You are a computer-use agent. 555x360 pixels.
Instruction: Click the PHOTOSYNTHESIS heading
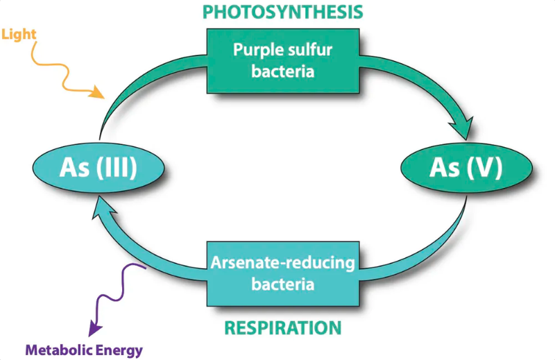coord(282,12)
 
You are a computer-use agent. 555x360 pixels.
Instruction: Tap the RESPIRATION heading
coord(283,328)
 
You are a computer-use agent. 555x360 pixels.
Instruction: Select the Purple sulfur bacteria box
coord(283,61)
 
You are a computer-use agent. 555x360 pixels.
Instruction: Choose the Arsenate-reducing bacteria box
coord(283,273)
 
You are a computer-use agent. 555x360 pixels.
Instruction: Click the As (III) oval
coord(99,167)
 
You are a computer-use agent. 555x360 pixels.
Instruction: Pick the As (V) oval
coord(466,167)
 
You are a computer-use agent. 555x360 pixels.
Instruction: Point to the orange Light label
coord(19,35)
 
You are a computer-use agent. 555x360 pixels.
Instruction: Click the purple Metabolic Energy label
coord(84,350)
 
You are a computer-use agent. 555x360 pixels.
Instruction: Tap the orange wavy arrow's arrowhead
coord(97,92)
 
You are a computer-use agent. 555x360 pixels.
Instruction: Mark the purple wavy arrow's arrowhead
coord(94,329)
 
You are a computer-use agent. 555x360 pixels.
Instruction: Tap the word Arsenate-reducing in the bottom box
coord(283,263)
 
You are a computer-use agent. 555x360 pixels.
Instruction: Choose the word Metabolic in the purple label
coord(59,350)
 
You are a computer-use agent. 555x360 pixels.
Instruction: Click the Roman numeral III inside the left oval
coord(117,167)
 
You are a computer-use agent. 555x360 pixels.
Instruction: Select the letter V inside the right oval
coord(484,167)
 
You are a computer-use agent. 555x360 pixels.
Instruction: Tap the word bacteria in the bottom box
coord(283,284)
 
